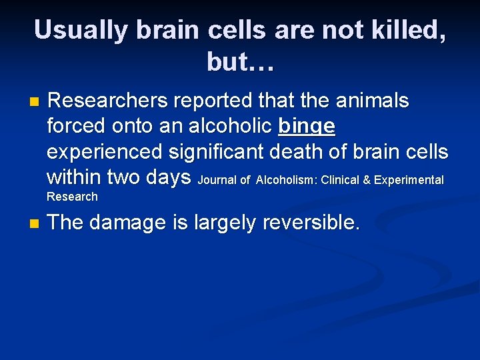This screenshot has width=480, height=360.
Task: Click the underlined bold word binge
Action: [x=307, y=126]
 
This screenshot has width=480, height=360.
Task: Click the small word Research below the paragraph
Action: [x=72, y=197]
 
